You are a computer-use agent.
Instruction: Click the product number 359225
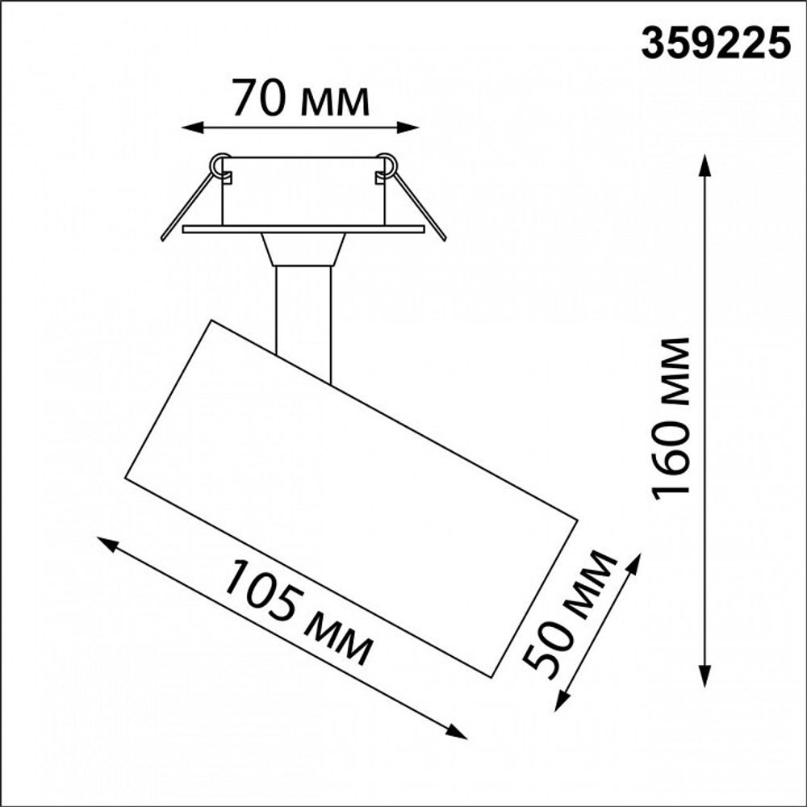coord(715,44)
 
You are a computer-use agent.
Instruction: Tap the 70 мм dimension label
coord(300,98)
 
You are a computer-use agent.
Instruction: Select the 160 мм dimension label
coord(672,418)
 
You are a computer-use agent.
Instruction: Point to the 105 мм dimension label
coord(298,611)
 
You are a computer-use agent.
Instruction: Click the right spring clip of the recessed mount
coord(417,202)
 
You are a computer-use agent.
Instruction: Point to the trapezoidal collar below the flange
coord(303,249)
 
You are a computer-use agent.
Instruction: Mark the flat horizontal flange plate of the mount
coord(303,229)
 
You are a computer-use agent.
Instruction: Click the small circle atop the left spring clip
coord(219,164)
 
